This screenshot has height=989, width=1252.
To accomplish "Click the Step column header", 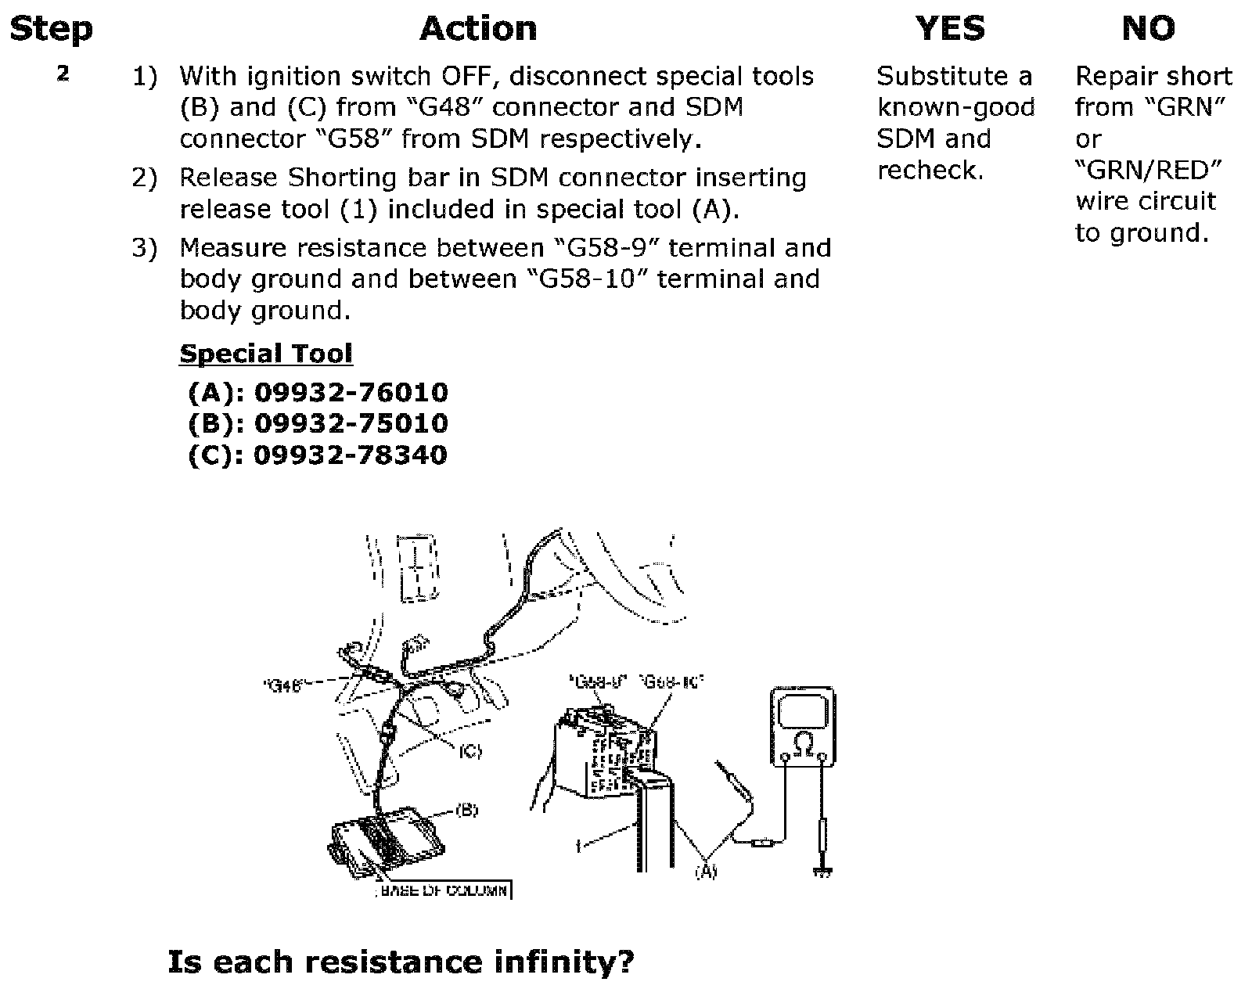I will click(x=51, y=29).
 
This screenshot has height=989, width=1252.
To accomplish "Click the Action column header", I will click(x=478, y=29).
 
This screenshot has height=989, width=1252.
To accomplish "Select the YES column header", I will click(x=950, y=29).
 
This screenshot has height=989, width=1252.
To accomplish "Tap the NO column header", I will click(x=1148, y=29).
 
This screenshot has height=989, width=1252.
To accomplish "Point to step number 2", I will click(x=63, y=74).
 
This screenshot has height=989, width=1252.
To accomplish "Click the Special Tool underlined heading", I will click(x=266, y=354).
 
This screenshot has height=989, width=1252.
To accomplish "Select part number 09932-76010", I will click(x=351, y=392).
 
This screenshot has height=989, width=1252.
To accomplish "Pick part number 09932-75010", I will click(x=351, y=423).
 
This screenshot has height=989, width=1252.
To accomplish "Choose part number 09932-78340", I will click(x=351, y=455).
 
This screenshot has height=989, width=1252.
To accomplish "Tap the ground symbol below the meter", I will click(x=822, y=871).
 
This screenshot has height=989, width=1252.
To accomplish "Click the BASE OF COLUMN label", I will click(x=444, y=890).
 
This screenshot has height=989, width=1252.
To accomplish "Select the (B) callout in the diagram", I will click(x=466, y=810).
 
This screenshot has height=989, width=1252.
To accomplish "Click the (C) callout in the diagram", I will click(x=469, y=751).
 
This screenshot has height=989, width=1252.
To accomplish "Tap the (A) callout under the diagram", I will click(x=706, y=870).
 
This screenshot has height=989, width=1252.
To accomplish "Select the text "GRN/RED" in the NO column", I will click(x=1148, y=170).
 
